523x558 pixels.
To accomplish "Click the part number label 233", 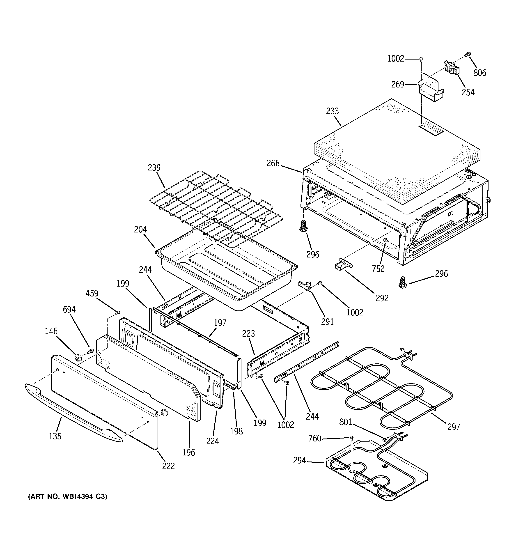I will (332, 111).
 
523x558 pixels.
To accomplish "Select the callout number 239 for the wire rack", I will (154, 168).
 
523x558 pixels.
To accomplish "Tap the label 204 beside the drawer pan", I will (140, 230).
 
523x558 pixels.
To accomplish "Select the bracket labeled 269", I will (429, 89).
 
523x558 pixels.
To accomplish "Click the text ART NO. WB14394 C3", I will (68, 496).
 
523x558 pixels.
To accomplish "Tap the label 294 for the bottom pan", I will (299, 461).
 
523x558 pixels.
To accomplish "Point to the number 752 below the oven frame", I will (378, 269).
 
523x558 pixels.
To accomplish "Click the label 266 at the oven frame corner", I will (273, 163).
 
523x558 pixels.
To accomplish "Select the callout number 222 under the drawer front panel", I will (168, 466).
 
